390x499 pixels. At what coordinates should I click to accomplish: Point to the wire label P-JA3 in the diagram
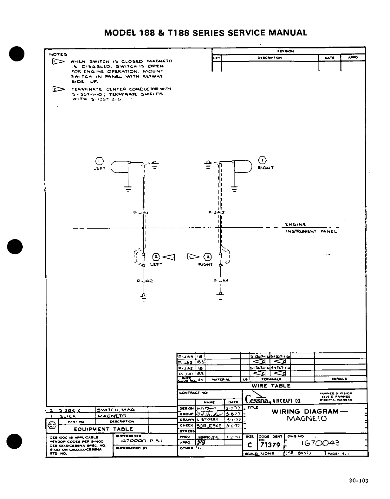[217, 212]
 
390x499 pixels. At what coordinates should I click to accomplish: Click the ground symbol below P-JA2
[144, 296]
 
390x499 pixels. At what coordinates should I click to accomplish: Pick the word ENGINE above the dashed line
[295, 224]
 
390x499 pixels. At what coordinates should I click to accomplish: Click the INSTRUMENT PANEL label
[311, 231]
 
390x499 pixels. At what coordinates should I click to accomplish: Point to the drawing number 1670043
[320, 443]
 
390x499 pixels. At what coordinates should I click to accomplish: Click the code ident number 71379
[270, 445]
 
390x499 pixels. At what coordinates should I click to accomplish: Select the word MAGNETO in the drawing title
[306, 419]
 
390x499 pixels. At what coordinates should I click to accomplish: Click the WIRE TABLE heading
[271, 386]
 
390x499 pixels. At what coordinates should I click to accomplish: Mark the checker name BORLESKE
[209, 426]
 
